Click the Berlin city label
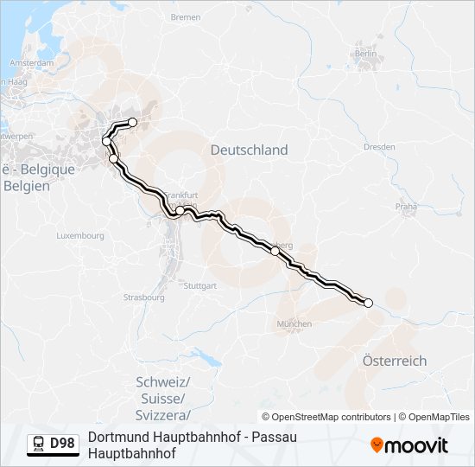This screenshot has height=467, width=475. point(365,54)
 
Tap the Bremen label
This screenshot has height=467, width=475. point(186,17)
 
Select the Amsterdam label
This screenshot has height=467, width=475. point(32,63)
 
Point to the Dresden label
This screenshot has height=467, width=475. point(379,147)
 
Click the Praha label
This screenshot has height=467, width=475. point(406,207)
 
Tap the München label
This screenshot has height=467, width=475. point(294,324)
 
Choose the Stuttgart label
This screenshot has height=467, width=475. point(200,285)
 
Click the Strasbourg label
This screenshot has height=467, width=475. point(143,297)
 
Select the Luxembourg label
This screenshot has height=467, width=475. point(80,235)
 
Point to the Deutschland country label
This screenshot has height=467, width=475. point(250,150)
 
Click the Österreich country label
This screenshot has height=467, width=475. point(395,361)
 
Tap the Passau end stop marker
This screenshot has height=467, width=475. point(368,303)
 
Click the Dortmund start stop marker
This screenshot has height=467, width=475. point(133,122)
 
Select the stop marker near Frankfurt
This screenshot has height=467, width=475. point(180,210)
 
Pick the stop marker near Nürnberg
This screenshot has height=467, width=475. point(275,251)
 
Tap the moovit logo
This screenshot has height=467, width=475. point(409,445)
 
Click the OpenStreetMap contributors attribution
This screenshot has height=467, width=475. point(326,417)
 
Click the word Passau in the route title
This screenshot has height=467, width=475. point(271,437)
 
